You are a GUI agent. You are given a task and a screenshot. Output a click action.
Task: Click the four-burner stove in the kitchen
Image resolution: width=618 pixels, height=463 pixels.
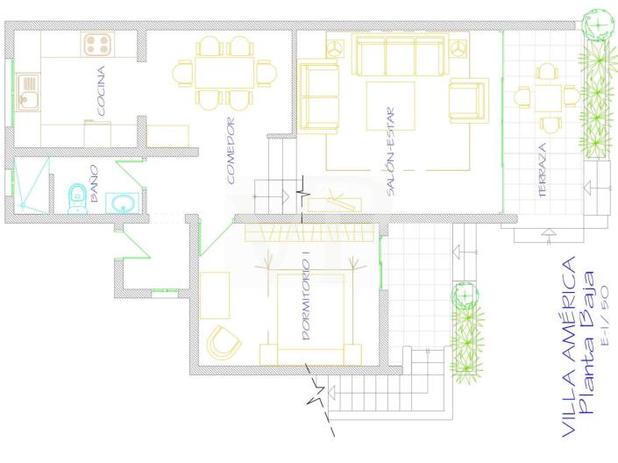98,43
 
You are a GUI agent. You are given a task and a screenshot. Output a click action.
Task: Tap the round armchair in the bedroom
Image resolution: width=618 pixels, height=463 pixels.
223,342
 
